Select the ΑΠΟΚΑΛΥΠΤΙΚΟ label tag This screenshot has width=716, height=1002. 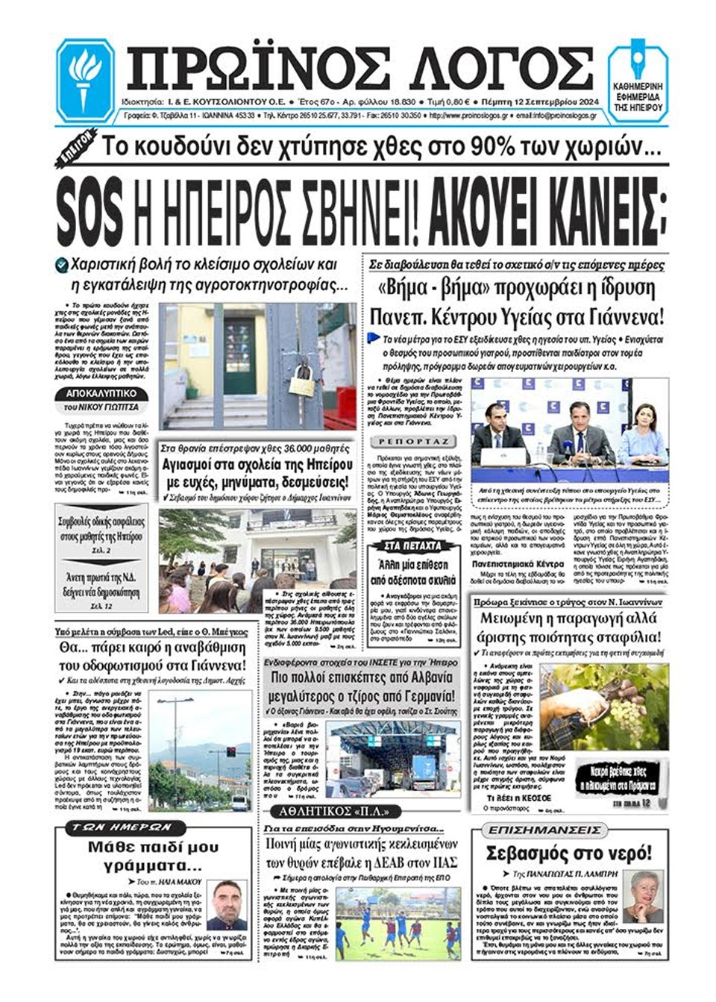tap(101, 393)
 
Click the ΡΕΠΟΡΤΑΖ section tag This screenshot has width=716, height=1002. tap(413, 442)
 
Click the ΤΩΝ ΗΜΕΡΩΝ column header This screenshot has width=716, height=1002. tap(122, 827)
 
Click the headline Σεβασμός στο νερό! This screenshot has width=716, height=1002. tap(568, 854)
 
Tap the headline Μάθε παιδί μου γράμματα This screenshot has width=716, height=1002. tap(153, 856)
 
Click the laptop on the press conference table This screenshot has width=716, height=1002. tap(498, 457)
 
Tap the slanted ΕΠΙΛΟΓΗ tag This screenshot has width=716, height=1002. tap(76, 148)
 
